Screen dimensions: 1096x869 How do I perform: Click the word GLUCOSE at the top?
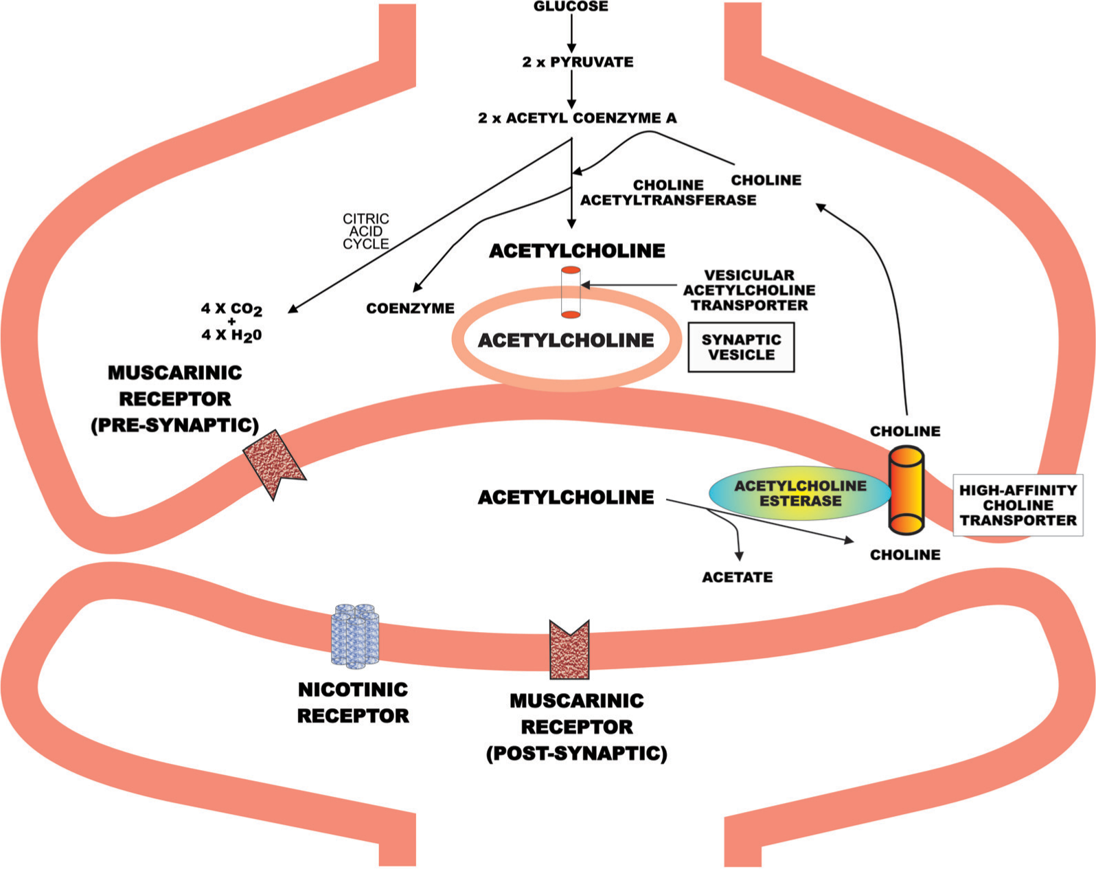pos(571,6)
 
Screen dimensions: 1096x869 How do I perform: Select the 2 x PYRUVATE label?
pos(578,63)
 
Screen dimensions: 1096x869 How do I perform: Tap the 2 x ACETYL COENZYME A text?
pos(577,118)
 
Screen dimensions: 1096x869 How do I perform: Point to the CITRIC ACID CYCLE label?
pos(365,232)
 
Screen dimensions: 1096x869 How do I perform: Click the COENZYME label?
pos(410,308)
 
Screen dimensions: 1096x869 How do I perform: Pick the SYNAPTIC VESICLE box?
pos(741,347)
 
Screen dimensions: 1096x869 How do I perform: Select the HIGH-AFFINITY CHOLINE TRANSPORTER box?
pos(1018,505)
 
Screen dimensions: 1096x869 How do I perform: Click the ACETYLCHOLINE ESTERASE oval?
pos(800,493)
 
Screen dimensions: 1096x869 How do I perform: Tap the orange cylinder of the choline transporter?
pos(906,490)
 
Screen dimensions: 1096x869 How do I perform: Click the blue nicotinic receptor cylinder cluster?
pos(355,636)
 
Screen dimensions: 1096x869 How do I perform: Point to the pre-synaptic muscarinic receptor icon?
pos(275,464)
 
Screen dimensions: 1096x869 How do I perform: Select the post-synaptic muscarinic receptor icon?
pos(569,650)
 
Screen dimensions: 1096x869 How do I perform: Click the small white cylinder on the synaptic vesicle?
pos(571,292)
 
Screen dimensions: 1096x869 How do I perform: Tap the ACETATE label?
pos(737,577)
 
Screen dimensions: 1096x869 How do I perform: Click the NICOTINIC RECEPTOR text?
pos(353,703)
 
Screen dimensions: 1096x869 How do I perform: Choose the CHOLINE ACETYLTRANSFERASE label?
pos(668,192)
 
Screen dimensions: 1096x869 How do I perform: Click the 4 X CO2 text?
pos(231,309)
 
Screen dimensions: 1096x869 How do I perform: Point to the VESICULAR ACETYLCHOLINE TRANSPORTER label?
pos(749,290)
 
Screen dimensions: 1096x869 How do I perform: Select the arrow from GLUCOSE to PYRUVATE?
pos(571,33)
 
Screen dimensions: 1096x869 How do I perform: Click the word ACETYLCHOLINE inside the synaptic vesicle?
pos(566,341)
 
